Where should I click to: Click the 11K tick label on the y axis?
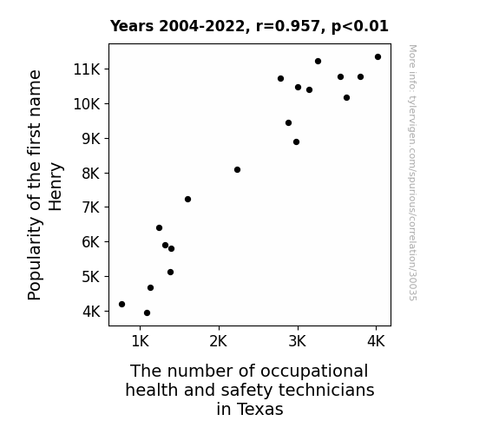coord(87,69)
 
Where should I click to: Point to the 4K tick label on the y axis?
coord(91,312)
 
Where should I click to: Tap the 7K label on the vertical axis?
coord(91,207)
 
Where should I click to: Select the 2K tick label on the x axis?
coord(219,341)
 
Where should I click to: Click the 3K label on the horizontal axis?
coord(298,341)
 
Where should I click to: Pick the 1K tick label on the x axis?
coord(140,341)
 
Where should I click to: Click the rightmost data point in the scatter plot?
coord(378,57)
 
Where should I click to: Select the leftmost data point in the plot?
coord(121,304)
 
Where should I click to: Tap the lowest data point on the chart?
coord(147,313)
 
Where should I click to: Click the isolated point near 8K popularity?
coord(237,170)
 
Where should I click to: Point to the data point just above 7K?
coord(187,199)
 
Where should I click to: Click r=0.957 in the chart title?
coord(288,26)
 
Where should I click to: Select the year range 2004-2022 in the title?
coord(201,26)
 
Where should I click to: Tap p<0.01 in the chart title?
coord(360,26)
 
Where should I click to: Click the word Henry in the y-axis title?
coord(56,187)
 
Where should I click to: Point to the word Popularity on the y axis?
coord(35,259)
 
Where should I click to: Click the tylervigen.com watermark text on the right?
coord(412,173)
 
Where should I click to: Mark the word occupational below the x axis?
coord(314,372)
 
